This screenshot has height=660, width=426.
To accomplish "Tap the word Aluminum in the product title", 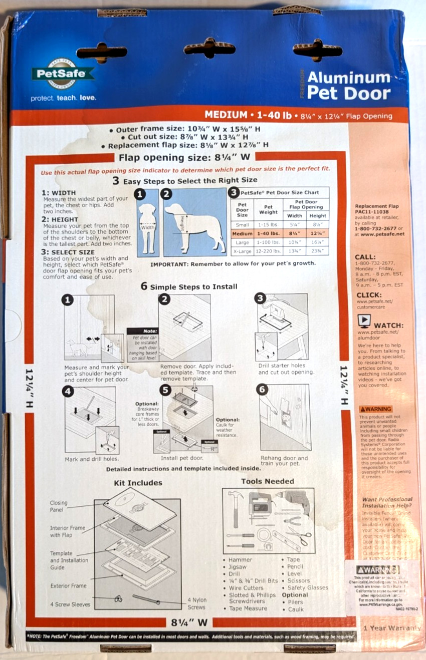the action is coord(348,78).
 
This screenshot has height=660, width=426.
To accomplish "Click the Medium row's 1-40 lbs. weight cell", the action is coord(268,233).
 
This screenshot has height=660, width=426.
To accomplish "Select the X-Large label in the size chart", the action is coord(242,250).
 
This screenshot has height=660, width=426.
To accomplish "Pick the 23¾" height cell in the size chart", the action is coord(318,250).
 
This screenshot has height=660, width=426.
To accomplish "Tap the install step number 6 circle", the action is coord(262,390).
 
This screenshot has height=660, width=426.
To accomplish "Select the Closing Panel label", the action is coord(59,506).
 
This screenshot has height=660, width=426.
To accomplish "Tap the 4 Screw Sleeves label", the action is coord(70,604).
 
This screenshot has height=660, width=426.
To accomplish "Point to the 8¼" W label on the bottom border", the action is coord(189,623).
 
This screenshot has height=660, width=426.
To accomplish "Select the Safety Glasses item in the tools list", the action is coord(308,588).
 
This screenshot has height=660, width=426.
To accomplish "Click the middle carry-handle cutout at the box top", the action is coord(209,49).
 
